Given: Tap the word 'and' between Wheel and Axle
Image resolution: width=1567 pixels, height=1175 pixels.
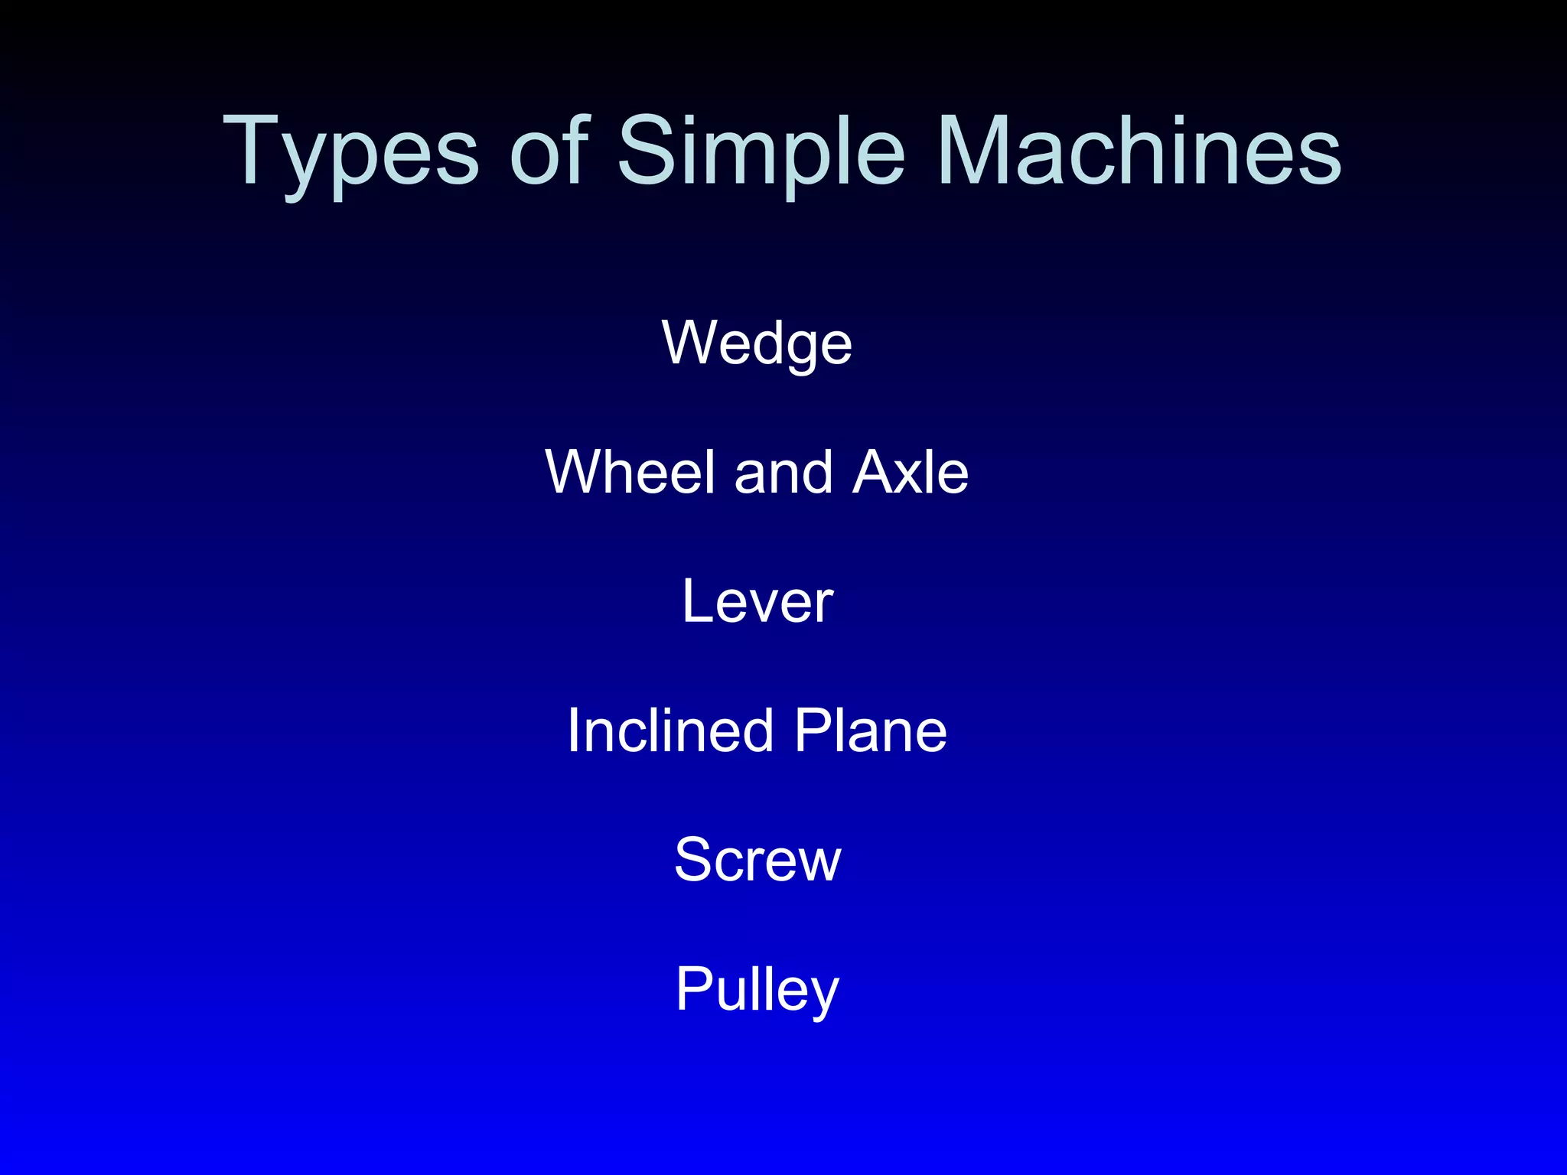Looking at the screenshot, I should point(783,472).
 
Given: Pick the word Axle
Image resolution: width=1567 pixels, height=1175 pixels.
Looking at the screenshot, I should point(911,472).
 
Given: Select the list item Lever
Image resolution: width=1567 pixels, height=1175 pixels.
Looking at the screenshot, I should point(757,601).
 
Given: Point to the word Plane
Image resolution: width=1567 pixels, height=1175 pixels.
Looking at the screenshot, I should point(870,731).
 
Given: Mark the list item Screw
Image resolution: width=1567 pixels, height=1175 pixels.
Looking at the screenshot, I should point(757,860).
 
